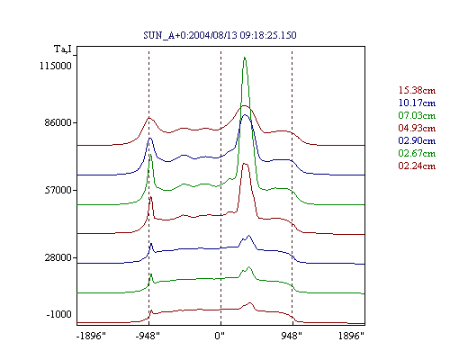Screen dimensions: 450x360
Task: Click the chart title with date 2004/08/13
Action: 220,35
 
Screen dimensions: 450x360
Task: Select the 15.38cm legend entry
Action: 417,90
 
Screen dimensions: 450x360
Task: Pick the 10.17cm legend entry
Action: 417,103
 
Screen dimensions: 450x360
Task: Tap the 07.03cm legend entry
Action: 417,115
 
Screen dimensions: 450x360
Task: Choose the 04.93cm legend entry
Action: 417,128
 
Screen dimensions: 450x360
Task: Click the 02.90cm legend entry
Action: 417,140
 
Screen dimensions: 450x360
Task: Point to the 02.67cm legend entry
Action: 417,153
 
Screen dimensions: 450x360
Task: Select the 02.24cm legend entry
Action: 417,166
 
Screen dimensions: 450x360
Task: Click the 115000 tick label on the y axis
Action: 56,66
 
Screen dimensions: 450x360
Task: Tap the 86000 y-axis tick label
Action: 58,122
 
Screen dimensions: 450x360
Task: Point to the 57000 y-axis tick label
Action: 58,190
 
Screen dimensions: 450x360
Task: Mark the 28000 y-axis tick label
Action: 58,257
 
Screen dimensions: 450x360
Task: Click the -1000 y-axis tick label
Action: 59,314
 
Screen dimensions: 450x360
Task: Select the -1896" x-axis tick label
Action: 91,336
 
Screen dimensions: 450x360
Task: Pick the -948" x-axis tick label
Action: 148,336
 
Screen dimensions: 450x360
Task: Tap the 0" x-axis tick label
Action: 220,336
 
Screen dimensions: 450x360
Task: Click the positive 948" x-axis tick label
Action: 292,336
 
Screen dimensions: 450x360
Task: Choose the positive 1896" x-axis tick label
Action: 351,336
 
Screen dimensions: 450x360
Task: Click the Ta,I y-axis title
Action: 63,49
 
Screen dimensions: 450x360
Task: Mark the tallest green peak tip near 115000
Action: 245,57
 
